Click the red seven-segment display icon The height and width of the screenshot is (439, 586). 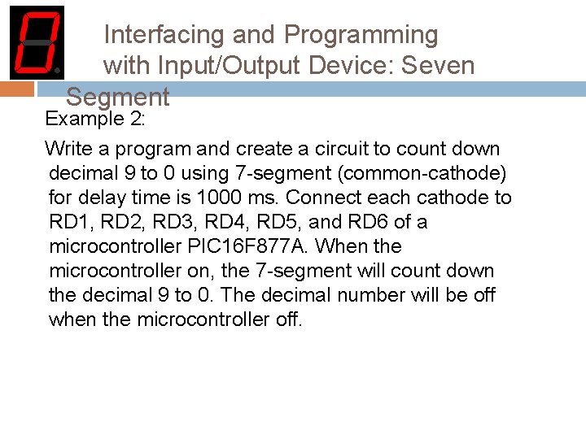tap(36, 42)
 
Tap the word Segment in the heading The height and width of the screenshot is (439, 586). tap(117, 98)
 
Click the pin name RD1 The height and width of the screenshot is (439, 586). tap(69, 222)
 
